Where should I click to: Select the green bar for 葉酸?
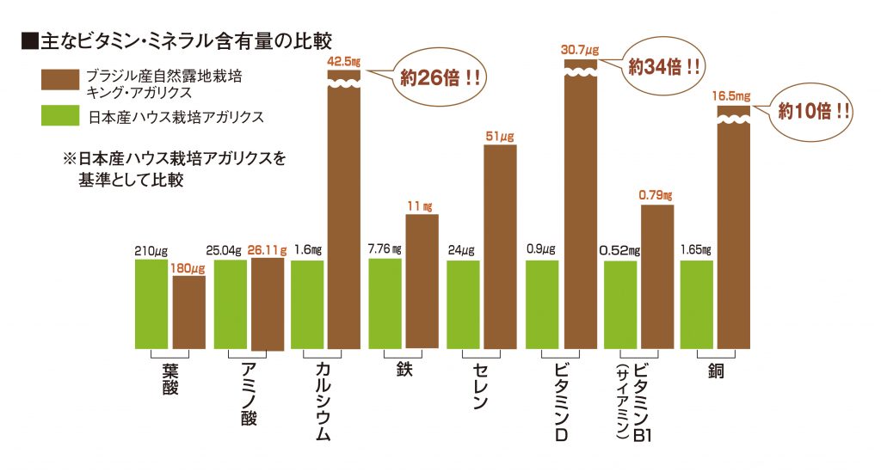(x=151, y=303)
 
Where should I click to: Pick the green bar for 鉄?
(x=385, y=303)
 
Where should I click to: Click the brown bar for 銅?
(x=734, y=232)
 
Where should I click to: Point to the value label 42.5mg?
(x=344, y=61)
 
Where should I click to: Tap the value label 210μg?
(x=151, y=251)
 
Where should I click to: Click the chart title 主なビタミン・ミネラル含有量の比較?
(x=176, y=40)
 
